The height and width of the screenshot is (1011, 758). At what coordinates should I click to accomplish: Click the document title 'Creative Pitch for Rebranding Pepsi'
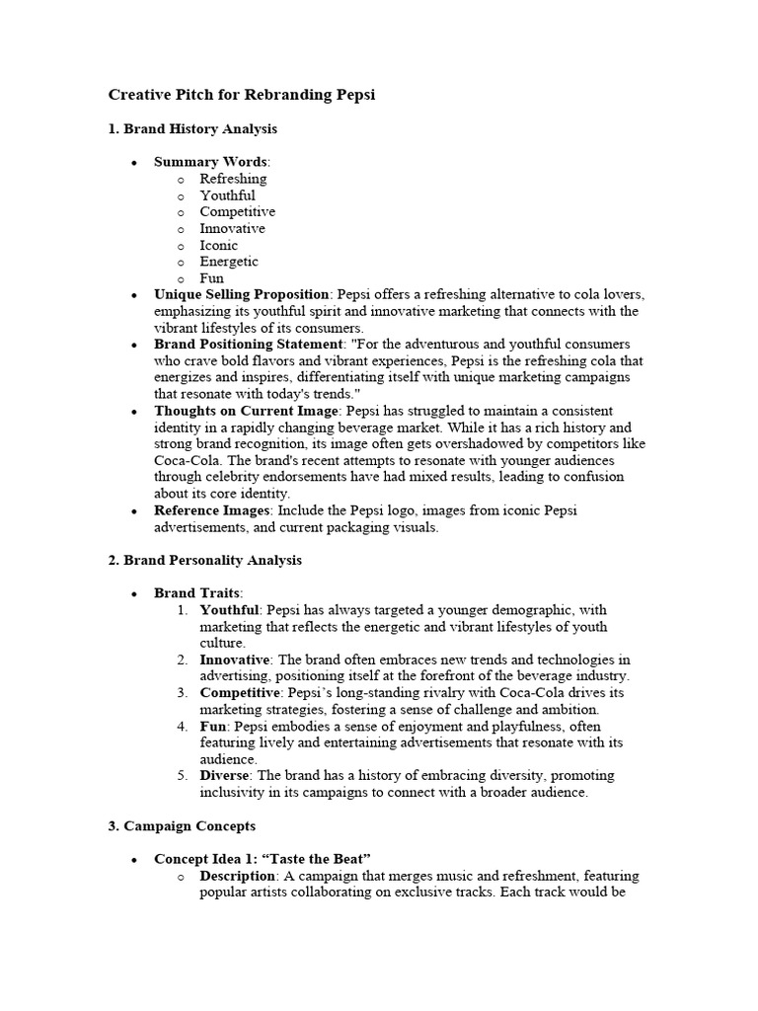[242, 96]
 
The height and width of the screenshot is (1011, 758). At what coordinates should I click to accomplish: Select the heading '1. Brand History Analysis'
[192, 129]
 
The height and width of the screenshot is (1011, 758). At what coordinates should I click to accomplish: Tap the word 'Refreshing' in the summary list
[233, 179]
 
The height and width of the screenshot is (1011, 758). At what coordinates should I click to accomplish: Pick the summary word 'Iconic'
[218, 245]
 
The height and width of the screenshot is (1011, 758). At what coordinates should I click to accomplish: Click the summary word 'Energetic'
[229, 262]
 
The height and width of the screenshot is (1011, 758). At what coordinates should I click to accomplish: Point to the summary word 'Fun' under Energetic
[211, 278]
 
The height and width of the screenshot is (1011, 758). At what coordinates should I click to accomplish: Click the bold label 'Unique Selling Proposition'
[242, 295]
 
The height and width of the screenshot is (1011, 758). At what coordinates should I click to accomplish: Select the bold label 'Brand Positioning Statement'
[247, 345]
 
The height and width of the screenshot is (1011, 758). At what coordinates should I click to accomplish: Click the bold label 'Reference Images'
[213, 510]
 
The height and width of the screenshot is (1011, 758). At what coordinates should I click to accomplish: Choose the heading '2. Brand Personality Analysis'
[204, 560]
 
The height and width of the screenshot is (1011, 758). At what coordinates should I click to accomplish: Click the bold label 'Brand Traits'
[196, 593]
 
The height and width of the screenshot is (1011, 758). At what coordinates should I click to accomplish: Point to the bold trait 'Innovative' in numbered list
[234, 660]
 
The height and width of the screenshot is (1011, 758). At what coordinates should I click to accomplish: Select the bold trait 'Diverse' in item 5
[225, 776]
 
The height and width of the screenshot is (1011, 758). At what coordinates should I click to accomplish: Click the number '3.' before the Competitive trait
[183, 693]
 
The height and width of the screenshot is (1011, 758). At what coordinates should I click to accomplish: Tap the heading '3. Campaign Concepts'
[181, 825]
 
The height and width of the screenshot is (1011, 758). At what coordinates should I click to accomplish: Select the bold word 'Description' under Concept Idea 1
[237, 876]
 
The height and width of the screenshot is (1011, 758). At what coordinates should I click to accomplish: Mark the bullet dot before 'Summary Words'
[133, 162]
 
